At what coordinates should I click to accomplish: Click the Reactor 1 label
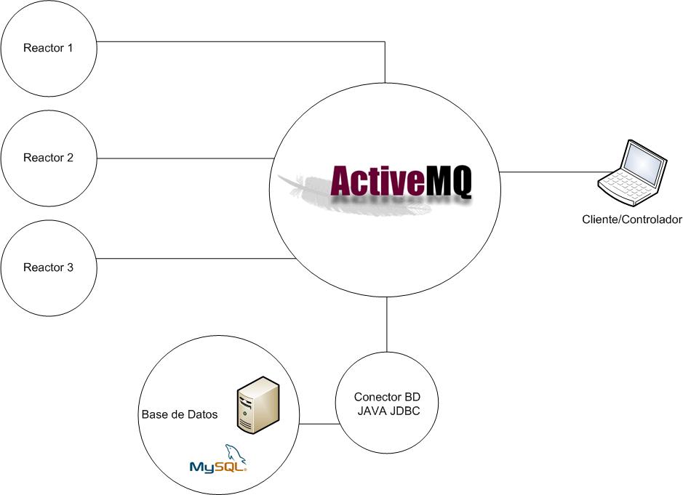tap(48, 49)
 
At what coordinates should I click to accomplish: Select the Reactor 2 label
tap(48, 158)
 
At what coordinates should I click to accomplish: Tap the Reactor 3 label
tap(48, 267)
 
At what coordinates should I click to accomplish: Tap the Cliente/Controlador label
tap(631, 220)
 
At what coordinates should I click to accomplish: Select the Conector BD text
tap(386, 398)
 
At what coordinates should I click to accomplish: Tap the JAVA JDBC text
tap(386, 411)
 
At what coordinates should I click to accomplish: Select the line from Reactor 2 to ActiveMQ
tap(182, 158)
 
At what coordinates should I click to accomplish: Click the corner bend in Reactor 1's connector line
tap(386, 41)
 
